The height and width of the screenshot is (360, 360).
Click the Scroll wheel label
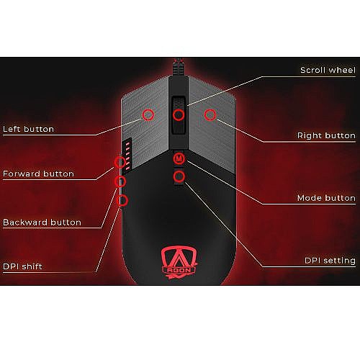328,70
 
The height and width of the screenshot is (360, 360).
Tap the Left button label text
28,129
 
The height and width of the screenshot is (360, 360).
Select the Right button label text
326,135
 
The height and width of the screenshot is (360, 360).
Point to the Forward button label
38,174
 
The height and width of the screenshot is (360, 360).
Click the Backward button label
42,222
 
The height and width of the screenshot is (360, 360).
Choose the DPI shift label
22,266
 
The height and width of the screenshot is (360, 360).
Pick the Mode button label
326,198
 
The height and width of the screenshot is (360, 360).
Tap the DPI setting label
330,261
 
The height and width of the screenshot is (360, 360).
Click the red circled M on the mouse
179,158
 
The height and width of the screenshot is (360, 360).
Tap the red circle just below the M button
179,176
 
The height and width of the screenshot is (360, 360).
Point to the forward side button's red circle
120,163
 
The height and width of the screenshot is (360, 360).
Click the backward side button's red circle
120,181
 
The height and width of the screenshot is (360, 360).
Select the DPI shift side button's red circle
122,200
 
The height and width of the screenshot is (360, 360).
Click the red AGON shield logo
179,263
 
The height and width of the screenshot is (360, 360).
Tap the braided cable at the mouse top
179,67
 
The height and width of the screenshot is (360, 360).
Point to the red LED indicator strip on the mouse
127,156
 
